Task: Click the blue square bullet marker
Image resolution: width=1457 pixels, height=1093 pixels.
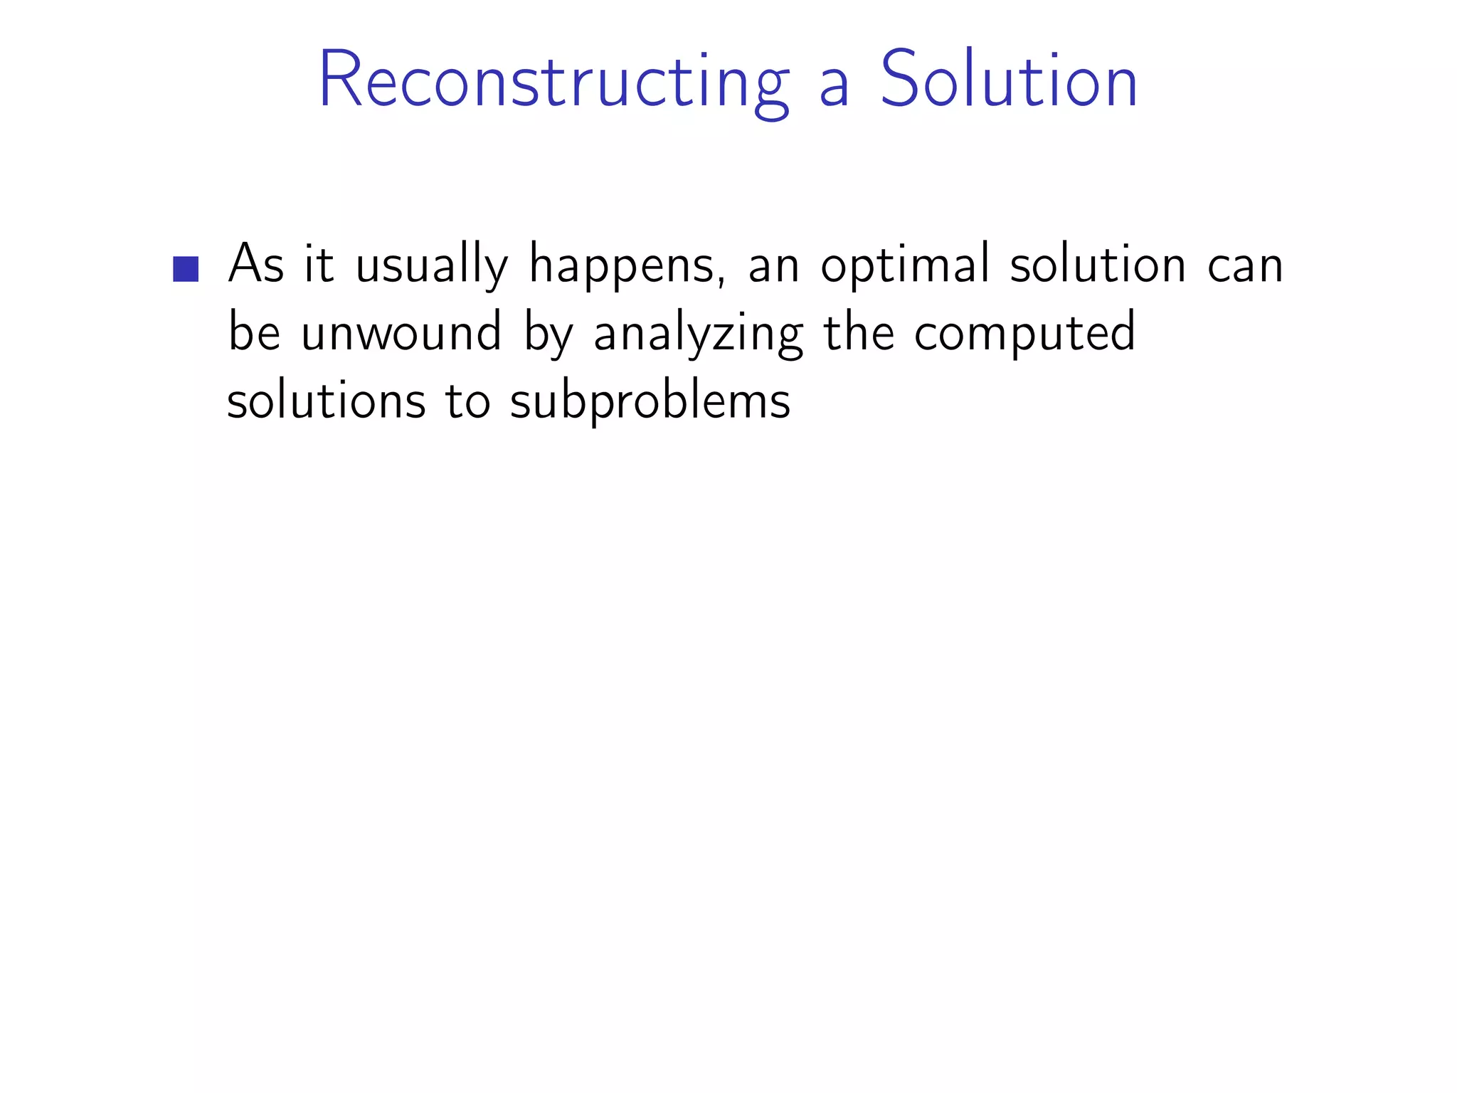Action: pyautogui.click(x=186, y=269)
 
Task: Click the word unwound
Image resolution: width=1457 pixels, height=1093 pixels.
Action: pyautogui.click(x=401, y=333)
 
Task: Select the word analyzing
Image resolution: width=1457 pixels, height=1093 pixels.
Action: pyautogui.click(x=698, y=334)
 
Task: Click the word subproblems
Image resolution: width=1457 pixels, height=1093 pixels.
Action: pyautogui.click(x=650, y=402)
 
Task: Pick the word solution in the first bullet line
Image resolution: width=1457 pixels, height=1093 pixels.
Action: pyautogui.click(x=1097, y=265)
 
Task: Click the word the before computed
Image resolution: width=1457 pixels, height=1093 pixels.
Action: pyautogui.click(x=858, y=333)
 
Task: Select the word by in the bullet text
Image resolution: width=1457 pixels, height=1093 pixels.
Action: pyautogui.click(x=548, y=334)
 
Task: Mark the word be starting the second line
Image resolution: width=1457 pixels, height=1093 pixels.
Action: pyautogui.click(x=254, y=333)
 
